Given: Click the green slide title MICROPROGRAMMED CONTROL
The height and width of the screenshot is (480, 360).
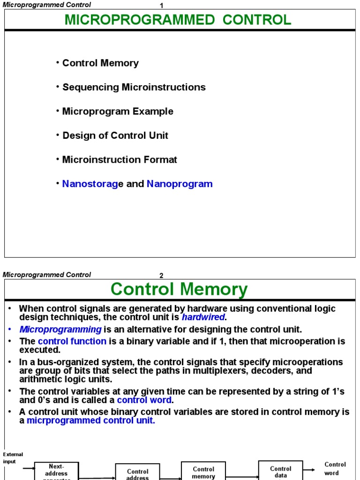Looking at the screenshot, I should click(178, 20).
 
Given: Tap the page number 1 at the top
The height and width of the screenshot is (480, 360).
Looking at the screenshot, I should click(161, 6).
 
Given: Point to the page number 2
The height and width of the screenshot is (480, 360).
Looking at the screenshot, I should click(161, 276).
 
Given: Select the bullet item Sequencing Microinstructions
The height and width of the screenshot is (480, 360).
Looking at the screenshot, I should click(134, 87).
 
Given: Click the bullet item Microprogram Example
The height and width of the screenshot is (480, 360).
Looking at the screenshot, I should click(118, 112).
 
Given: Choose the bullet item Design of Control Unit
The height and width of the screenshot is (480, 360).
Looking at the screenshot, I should click(115, 135).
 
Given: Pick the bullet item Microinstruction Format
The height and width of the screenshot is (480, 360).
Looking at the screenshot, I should click(120, 160).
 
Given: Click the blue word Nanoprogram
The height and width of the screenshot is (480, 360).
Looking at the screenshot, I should click(180, 184).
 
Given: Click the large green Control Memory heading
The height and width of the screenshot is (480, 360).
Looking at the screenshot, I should click(179, 289).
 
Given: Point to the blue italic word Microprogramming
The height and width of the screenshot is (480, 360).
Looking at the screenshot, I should click(60, 330).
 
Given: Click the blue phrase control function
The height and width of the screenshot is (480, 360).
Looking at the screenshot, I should click(72, 341).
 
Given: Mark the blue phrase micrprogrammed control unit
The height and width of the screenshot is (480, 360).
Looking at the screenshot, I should click(90, 420).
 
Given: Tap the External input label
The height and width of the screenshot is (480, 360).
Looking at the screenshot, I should click(13, 458).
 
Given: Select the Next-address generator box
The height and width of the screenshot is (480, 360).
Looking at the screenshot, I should click(56, 471).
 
